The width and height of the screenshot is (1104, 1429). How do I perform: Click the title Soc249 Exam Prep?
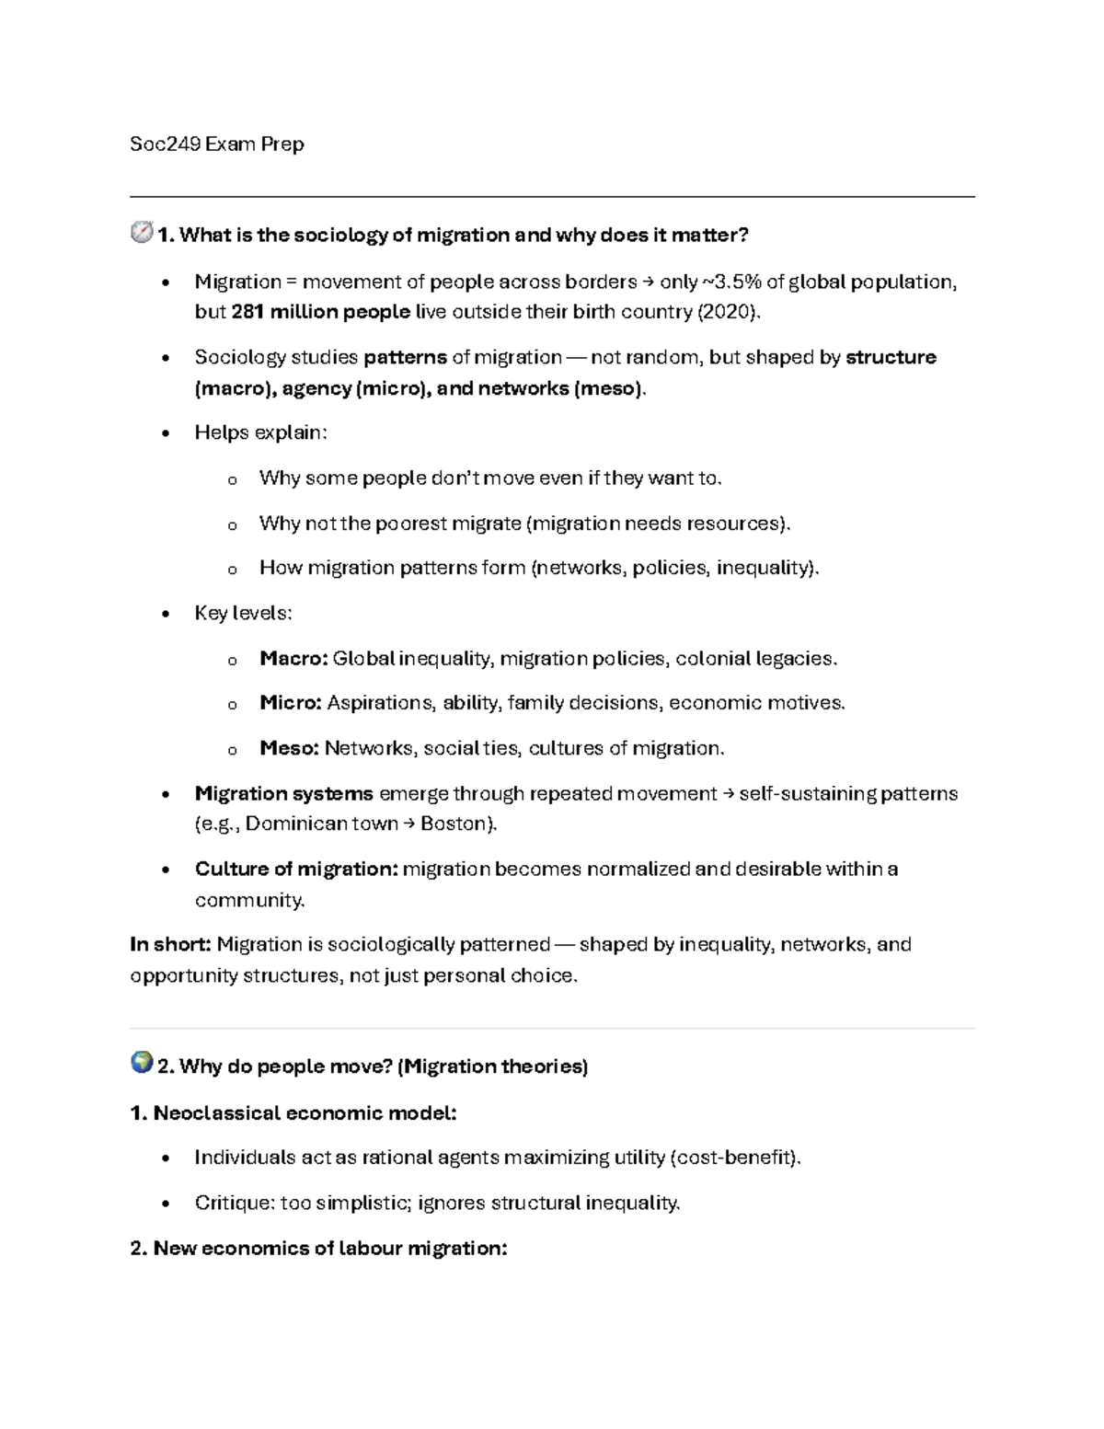click(217, 144)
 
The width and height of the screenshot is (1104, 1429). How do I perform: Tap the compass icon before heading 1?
click(142, 233)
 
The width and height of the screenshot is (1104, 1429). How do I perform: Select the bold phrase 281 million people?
click(320, 312)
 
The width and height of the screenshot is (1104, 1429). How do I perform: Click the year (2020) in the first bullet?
click(728, 312)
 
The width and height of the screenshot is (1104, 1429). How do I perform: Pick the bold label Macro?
click(293, 659)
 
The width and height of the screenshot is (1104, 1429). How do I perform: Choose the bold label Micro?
click(291, 703)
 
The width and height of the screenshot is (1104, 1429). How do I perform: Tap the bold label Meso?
click(289, 748)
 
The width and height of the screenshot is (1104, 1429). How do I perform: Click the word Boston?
click(455, 824)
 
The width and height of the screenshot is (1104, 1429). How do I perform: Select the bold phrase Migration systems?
click(283, 793)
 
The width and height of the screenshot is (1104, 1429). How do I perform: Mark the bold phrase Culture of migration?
click(296, 869)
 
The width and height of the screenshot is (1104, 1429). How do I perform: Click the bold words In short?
click(171, 944)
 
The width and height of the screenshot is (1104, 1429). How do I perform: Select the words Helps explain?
click(260, 432)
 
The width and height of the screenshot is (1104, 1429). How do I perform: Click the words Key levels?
click(243, 613)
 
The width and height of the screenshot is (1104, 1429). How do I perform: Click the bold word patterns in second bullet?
click(406, 357)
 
